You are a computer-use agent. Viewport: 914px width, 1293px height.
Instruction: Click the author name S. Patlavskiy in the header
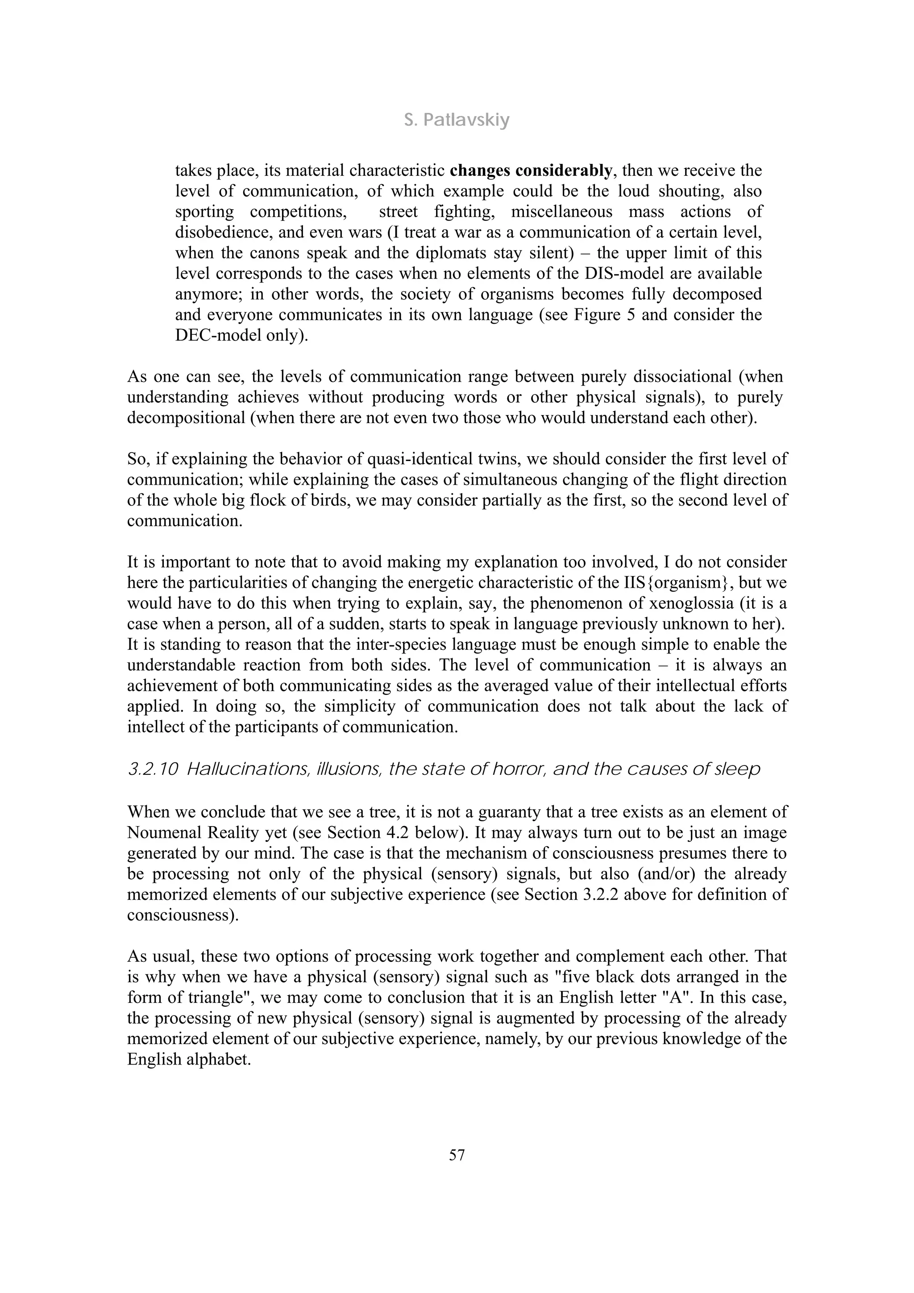456,120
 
